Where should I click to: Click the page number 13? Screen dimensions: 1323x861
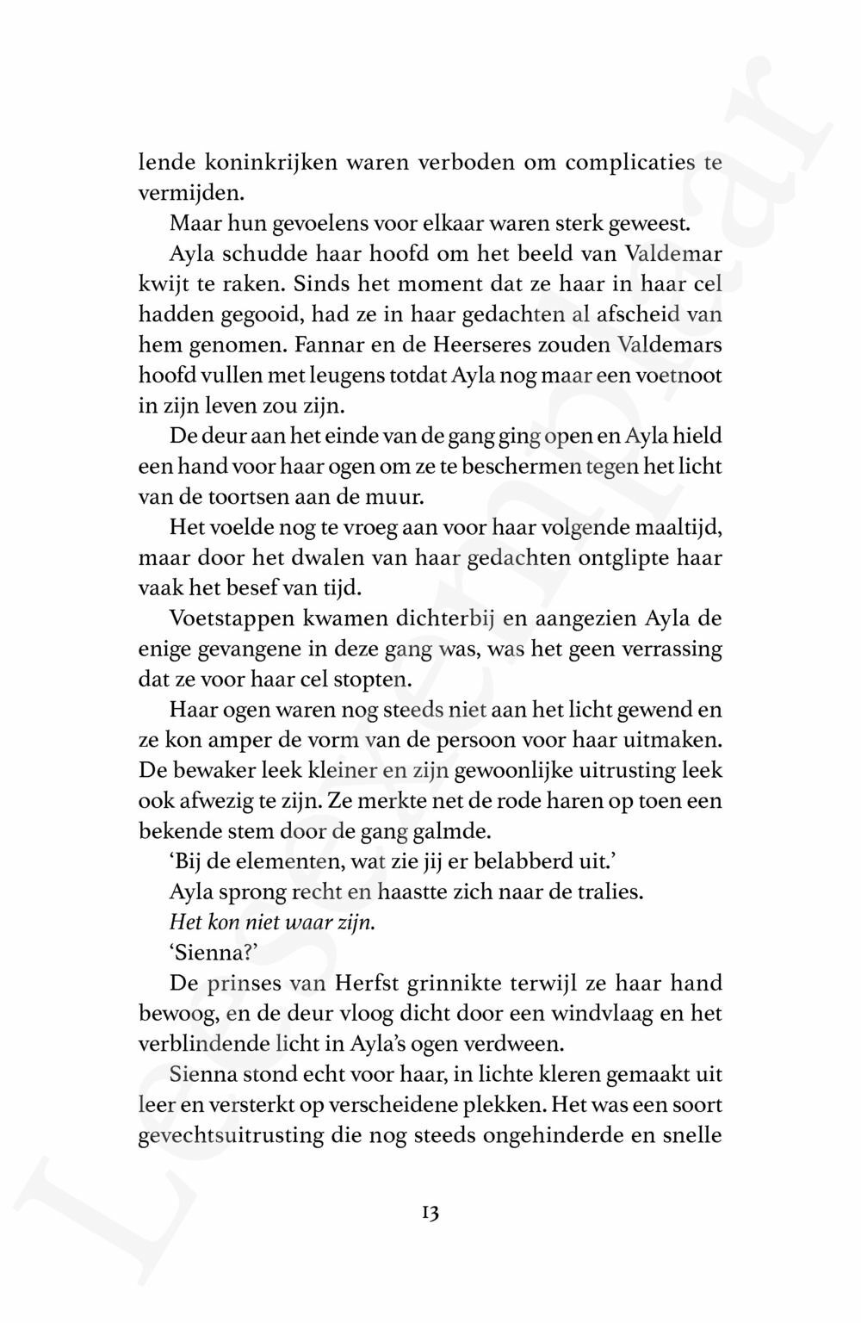pyautogui.click(x=430, y=1213)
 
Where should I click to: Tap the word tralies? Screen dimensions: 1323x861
pyautogui.click(x=614, y=891)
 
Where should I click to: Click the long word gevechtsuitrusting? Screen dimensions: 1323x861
pyautogui.click(x=248, y=1135)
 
